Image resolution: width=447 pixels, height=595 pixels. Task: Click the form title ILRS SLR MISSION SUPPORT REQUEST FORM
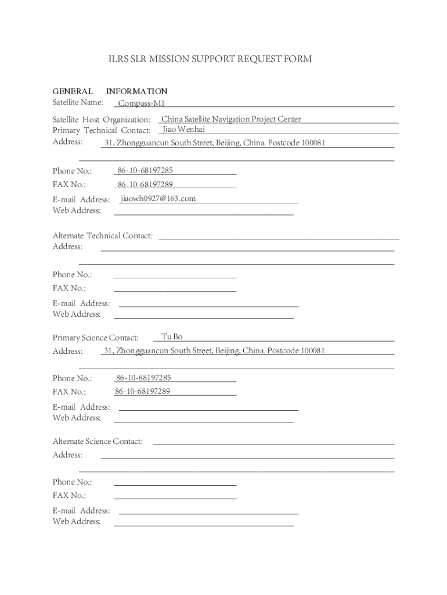(210, 59)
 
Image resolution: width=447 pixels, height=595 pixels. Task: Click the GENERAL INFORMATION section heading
(110, 91)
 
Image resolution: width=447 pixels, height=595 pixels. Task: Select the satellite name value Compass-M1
(142, 103)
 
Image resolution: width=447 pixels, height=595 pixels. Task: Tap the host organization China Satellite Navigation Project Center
(231, 119)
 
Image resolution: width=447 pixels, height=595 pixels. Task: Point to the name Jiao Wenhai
(184, 129)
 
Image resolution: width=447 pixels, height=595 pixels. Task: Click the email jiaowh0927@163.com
(158, 199)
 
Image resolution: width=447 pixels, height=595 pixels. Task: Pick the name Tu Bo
(172, 337)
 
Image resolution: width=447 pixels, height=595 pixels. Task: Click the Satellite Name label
(78, 103)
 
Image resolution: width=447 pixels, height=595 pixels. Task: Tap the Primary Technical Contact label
(102, 130)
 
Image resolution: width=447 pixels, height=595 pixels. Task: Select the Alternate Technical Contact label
(103, 236)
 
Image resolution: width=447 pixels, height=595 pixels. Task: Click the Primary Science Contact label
(95, 338)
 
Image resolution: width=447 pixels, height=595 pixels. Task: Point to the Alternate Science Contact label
(98, 442)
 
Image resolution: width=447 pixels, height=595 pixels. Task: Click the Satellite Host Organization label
(102, 120)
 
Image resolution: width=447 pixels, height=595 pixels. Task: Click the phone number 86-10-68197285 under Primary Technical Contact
(145, 171)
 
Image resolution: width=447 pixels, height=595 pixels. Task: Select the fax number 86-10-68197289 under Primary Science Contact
(143, 392)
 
